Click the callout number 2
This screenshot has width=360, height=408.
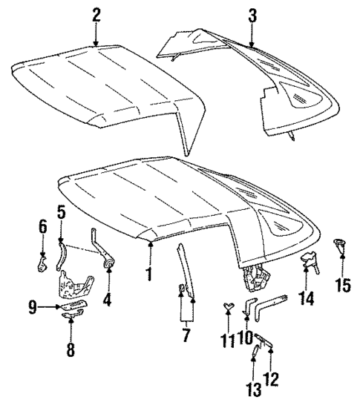(x=96, y=16)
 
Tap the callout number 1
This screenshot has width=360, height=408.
(x=148, y=274)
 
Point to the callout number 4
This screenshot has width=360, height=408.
(x=109, y=300)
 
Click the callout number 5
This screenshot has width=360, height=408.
(x=62, y=211)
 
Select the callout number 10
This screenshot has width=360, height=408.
(x=245, y=338)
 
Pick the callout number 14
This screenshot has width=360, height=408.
(x=307, y=298)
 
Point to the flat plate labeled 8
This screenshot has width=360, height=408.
(x=72, y=316)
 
